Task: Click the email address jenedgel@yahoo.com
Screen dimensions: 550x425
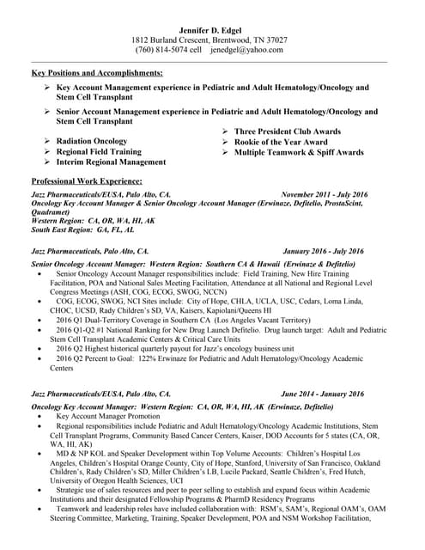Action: (247, 50)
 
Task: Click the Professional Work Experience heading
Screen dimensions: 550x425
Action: (86, 181)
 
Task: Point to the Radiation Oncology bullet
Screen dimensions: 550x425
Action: (91, 141)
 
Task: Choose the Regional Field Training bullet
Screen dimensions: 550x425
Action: (98, 151)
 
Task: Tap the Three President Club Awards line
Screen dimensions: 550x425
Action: (287, 131)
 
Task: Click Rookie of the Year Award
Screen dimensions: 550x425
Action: (280, 142)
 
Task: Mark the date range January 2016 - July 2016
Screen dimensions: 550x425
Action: (323, 251)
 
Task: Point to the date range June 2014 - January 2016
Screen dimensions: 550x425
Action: (322, 394)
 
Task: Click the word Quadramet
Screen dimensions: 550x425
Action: (50, 211)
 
